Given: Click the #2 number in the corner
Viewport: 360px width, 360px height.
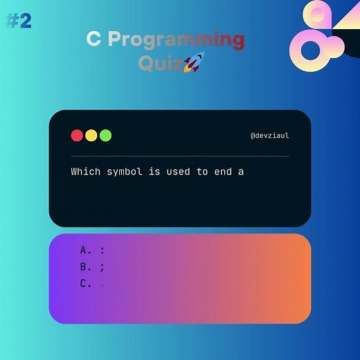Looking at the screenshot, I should pyautogui.click(x=19, y=21).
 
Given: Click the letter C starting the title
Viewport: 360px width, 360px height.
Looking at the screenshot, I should pyautogui.click(x=93, y=39).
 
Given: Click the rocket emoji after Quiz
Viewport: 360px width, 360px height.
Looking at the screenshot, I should pyautogui.click(x=193, y=64).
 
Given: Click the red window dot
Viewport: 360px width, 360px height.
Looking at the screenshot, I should pyautogui.click(x=77, y=136).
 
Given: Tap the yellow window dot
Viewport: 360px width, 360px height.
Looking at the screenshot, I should pyautogui.click(x=91, y=136).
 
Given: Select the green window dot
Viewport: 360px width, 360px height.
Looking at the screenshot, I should pyautogui.click(x=105, y=136).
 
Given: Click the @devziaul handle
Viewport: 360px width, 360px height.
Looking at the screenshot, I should pyautogui.click(x=269, y=136).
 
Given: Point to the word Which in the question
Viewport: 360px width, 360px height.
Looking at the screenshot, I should pyautogui.click(x=85, y=171).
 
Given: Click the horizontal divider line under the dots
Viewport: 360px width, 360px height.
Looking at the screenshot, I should pyautogui.click(x=180, y=156).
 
